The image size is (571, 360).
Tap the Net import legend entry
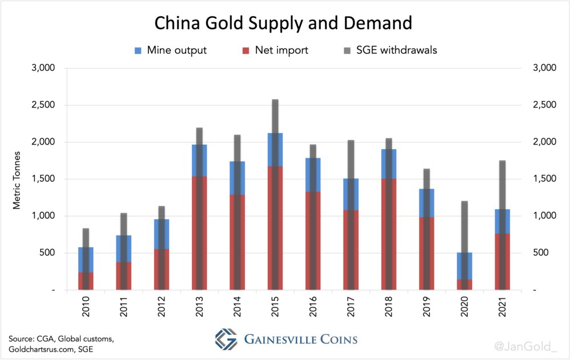(x=276, y=50)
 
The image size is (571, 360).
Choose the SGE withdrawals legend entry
(x=387, y=50)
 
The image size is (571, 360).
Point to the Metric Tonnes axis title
(x=17, y=179)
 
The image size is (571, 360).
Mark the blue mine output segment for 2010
(x=79, y=260)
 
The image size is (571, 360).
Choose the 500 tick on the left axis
(x=46, y=253)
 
